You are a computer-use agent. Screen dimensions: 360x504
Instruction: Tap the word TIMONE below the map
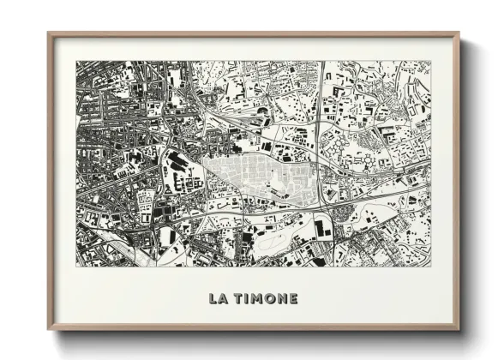(265, 299)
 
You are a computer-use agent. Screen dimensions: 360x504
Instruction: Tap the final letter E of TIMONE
(293, 299)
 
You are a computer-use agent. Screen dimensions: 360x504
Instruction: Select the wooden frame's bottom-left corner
(49, 328)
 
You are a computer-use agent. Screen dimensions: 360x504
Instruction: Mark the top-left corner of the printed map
(76, 61)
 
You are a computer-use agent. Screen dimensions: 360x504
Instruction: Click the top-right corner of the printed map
(431, 61)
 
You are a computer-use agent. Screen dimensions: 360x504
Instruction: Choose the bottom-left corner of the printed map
(76, 267)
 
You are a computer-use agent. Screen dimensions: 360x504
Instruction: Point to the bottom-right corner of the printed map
(431, 267)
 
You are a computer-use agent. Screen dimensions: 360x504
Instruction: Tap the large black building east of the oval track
(322, 228)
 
